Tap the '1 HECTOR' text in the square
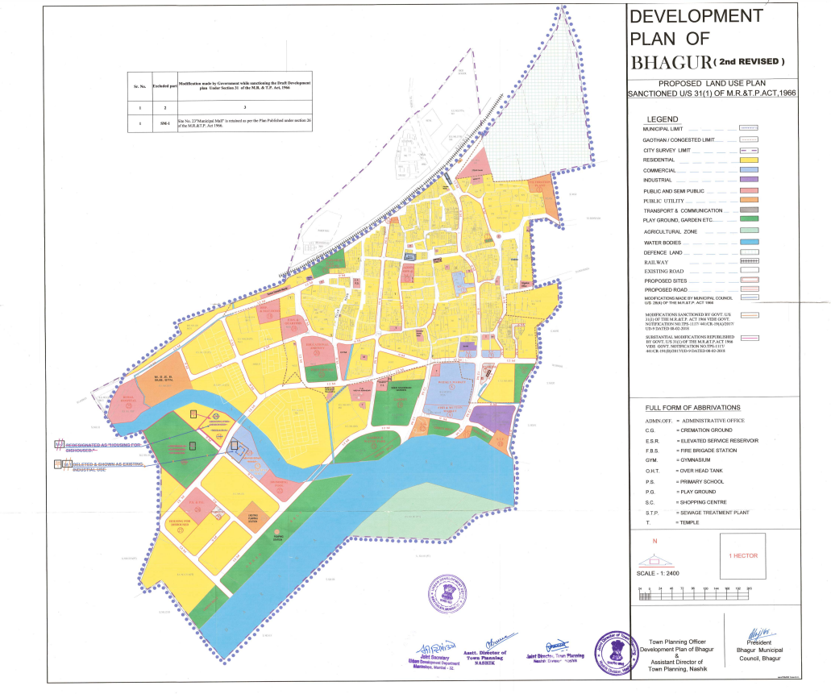pos(742,556)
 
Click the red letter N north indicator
pos(654,541)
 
